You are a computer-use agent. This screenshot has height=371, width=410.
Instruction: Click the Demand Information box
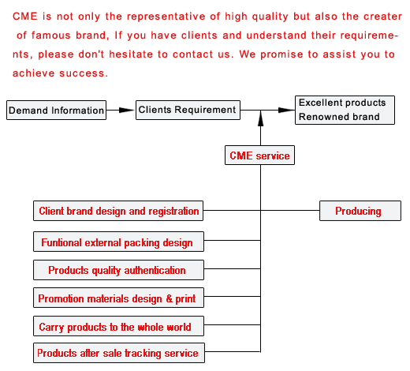[x=56, y=110]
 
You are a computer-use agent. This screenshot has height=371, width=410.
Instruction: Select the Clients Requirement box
[x=188, y=110]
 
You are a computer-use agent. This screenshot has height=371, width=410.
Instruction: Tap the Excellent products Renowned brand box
[x=345, y=110]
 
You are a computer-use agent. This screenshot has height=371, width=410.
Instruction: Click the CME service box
[x=259, y=156]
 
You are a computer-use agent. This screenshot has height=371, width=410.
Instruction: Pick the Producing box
[x=360, y=211]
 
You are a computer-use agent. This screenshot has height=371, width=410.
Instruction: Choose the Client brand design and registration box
[x=118, y=211]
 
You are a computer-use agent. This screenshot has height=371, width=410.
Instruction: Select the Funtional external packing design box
[x=118, y=242]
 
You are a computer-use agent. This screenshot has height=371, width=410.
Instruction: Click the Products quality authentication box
[x=118, y=270]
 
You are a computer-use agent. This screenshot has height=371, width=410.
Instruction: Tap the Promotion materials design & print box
[x=118, y=298]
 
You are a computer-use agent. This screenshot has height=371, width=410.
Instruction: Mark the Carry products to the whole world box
[x=118, y=326]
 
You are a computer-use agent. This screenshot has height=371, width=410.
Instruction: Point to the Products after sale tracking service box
[x=119, y=353]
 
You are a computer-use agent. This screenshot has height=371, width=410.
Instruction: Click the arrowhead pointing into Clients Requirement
[x=127, y=110]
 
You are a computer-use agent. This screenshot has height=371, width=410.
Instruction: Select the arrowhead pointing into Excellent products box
[x=286, y=110]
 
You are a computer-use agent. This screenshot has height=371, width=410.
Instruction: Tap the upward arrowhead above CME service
[x=260, y=118]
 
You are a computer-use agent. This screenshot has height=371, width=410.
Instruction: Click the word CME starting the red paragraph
[x=25, y=17]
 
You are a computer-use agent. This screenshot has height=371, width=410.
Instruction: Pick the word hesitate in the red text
[x=131, y=54]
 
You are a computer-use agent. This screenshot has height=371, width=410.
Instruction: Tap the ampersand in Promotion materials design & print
[x=169, y=298]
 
